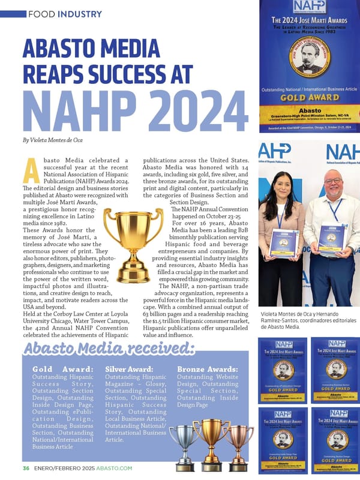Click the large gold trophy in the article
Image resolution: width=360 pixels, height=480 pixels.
click(133, 237)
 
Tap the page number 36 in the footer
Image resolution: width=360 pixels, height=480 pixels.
click(26, 467)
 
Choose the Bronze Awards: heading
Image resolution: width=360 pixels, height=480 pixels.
click(208, 368)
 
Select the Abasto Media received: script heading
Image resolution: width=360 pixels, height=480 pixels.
click(113, 349)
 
